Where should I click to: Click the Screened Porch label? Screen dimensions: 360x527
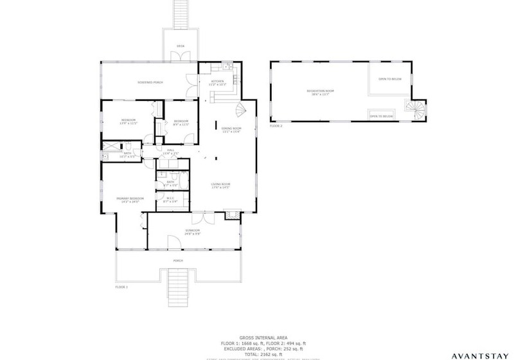click(x=150, y=82)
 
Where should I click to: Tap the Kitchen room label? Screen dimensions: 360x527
click(x=218, y=82)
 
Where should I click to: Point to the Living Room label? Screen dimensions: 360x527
click(x=221, y=186)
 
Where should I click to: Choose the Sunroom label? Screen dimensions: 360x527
click(x=193, y=231)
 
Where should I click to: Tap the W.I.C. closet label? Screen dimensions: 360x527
click(x=171, y=199)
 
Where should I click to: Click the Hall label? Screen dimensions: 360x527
click(x=170, y=152)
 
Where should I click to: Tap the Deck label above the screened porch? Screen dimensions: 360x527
click(x=181, y=46)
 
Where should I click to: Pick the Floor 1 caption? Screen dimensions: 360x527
click(x=121, y=287)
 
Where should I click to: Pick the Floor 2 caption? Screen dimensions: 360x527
click(x=276, y=126)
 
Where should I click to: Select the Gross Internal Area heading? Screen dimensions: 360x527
click(x=263, y=337)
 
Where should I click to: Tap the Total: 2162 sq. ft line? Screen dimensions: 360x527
click(x=263, y=354)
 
